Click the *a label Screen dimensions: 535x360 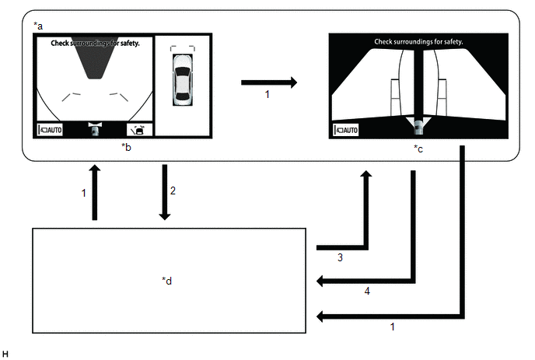(x=38, y=26)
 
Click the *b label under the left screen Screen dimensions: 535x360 (x=126, y=147)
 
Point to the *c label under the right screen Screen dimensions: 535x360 (x=418, y=149)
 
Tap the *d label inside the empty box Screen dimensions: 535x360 (x=167, y=281)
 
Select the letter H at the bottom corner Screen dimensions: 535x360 (x=5, y=354)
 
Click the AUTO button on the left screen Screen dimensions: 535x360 (x=50, y=130)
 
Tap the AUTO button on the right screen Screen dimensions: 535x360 (x=346, y=130)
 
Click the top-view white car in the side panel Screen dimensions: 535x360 (x=183, y=80)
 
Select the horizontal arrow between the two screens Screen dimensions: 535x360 (x=269, y=82)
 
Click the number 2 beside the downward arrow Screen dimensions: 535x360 (x=173, y=190)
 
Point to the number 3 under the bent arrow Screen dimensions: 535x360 (x=340, y=257)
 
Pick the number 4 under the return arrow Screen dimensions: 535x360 (x=367, y=291)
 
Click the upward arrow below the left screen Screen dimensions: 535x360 (x=95, y=193)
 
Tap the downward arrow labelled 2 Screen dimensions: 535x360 (x=165, y=193)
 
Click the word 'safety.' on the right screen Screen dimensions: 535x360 (x=453, y=42)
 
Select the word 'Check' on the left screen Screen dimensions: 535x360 (x=60, y=44)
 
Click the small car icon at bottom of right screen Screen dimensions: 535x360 (x=418, y=127)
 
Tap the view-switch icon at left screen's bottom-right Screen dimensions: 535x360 (x=139, y=130)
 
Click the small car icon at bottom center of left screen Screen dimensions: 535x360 (x=95, y=129)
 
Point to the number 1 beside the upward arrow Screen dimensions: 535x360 (x=84, y=193)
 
